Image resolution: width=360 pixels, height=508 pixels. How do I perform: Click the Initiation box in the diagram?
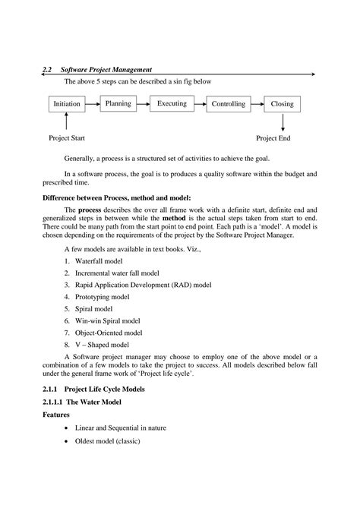pos(68,103)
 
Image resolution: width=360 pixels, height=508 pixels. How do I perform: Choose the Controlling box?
pos(228,103)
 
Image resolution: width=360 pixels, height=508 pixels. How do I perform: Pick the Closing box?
pos(282,103)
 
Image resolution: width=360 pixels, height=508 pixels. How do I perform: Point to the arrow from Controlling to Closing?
pos(257,103)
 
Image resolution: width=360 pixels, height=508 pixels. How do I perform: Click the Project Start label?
pos(68,138)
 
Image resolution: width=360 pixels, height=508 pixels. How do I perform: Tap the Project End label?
pos(273,138)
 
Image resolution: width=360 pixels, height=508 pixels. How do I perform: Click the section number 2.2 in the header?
pos(48,69)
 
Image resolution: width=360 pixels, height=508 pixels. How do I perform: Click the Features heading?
pos(58,415)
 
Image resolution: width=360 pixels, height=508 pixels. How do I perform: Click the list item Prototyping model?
pos(103,296)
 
